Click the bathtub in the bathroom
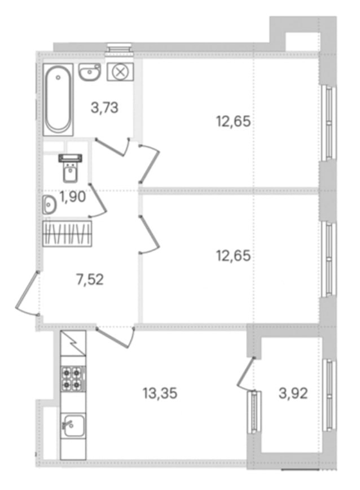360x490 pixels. click(58, 99)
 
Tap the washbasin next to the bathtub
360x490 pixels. click(90, 72)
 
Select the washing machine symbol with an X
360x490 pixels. click(120, 72)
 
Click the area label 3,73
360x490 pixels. click(104, 108)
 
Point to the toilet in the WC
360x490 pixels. click(71, 168)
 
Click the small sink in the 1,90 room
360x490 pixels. click(49, 205)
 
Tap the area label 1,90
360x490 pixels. click(73, 197)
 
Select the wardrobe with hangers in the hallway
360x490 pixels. click(67, 234)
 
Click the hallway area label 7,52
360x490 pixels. click(90, 279)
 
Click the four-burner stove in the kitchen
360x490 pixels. click(73, 378)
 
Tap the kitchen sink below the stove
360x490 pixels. click(73, 425)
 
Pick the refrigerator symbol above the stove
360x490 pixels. click(73, 343)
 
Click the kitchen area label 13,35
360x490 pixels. click(160, 393)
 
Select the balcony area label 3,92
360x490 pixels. click(293, 393)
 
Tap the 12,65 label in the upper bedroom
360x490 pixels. click(234, 121)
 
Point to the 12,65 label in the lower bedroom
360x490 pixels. click(234, 256)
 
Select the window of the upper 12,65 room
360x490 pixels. click(328, 124)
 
